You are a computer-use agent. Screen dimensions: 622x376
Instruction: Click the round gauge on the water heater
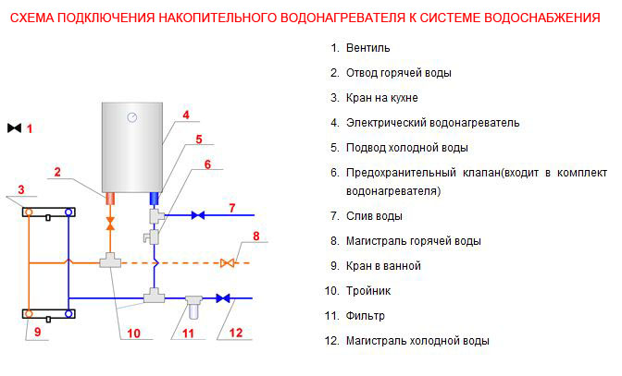[x=132, y=117]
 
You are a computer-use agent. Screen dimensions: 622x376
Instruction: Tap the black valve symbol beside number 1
[x=14, y=127]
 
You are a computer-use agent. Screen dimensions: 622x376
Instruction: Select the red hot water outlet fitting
[x=110, y=199]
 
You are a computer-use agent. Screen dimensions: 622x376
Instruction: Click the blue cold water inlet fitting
[x=154, y=199]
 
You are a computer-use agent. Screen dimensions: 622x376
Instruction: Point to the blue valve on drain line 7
[x=198, y=215]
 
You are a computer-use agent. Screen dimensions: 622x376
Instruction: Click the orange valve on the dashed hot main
[x=228, y=262]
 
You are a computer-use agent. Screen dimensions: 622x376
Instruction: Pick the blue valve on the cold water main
[x=223, y=298]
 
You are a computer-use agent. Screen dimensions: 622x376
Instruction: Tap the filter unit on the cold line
[x=193, y=307]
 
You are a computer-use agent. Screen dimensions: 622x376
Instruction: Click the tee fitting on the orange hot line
[x=110, y=261]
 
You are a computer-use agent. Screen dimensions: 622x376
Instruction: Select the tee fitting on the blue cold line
[x=154, y=296]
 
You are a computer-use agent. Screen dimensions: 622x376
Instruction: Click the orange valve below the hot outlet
[x=110, y=223]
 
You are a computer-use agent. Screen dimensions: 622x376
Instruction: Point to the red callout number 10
[x=133, y=334]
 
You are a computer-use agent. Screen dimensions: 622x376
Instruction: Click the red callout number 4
[x=186, y=115]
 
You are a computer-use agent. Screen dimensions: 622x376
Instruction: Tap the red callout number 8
[x=256, y=237]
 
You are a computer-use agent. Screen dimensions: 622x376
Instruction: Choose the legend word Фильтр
[x=366, y=316]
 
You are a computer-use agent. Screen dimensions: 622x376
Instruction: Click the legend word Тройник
[x=368, y=291]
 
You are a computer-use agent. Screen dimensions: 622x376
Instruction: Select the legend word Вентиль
[x=368, y=48]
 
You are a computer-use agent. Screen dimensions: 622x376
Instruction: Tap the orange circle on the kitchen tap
[x=29, y=212]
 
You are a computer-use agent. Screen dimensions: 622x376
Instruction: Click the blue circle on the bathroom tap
[x=68, y=314]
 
